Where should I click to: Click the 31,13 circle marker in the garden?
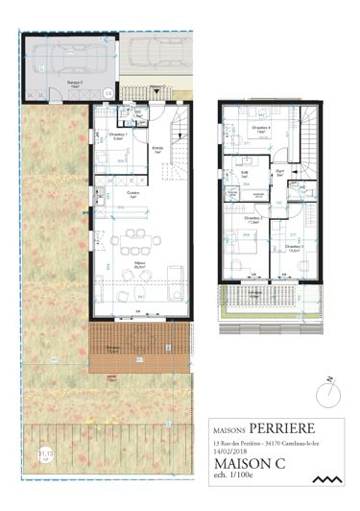(45, 452)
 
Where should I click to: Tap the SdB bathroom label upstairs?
(245, 174)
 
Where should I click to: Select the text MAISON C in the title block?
(252, 463)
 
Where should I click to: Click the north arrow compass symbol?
(328, 387)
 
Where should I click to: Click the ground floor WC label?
(137, 111)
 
